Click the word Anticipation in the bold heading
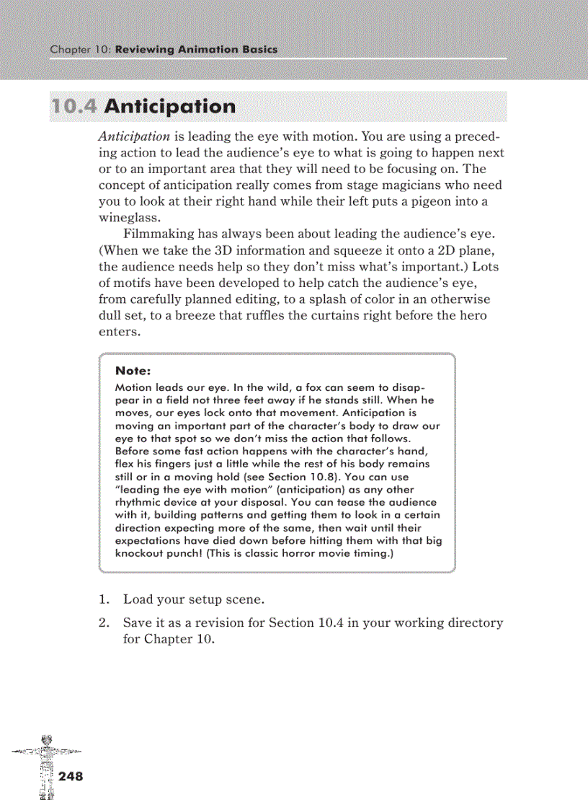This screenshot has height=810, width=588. point(169,107)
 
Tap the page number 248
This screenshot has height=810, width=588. point(71,776)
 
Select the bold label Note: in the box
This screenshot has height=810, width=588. point(133,371)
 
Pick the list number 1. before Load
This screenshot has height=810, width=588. point(104,599)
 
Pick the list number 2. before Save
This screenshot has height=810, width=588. point(104,622)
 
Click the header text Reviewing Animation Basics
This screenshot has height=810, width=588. point(195,50)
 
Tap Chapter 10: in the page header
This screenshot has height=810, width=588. point(80,50)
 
